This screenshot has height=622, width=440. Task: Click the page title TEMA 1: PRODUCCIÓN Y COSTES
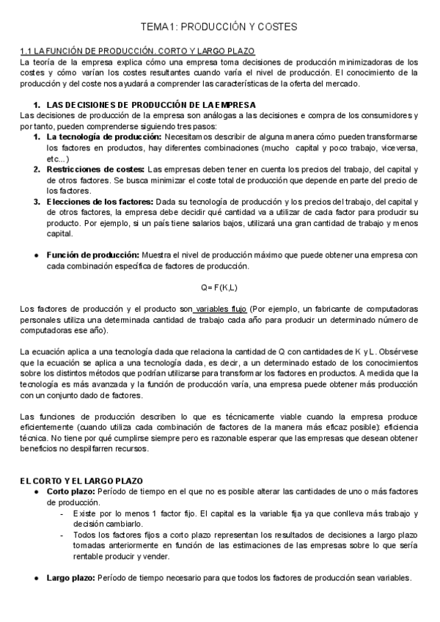219,27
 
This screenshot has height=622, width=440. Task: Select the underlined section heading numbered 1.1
137,51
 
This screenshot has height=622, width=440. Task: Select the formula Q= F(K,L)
219,288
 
